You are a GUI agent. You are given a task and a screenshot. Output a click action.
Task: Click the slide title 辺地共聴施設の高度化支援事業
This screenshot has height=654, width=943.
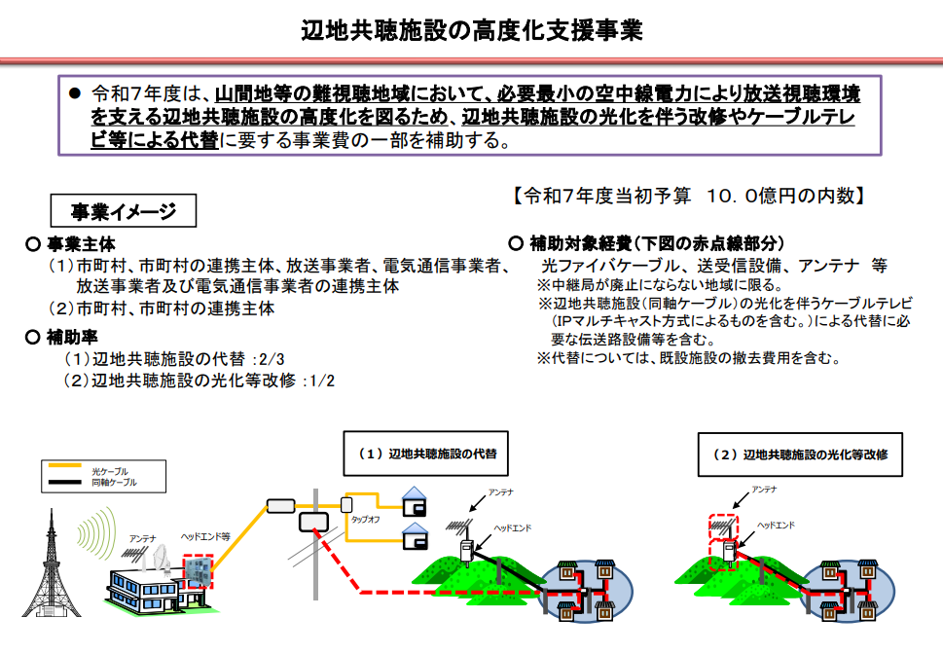tap(472, 30)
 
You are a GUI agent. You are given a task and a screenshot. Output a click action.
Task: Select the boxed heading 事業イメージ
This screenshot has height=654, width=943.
tap(124, 211)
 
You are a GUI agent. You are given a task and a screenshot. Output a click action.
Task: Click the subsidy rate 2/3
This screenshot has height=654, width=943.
tap(268, 359)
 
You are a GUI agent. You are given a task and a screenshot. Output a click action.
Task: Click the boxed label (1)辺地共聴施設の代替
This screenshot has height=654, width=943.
tap(426, 454)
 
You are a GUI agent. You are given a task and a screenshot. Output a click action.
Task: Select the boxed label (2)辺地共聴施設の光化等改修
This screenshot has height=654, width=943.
tap(799, 454)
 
